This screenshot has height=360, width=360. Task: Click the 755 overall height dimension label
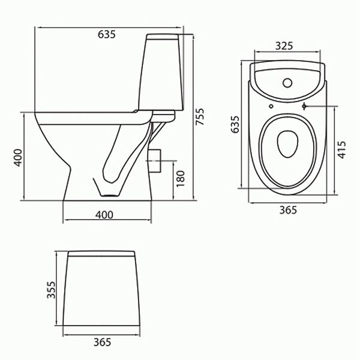click(x=200, y=119)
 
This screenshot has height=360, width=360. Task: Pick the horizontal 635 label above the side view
click(x=106, y=34)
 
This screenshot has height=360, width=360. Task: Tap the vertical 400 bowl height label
click(x=19, y=157)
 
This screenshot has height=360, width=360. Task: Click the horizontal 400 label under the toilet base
click(x=104, y=215)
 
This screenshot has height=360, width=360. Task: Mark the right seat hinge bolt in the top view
click(x=306, y=107)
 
